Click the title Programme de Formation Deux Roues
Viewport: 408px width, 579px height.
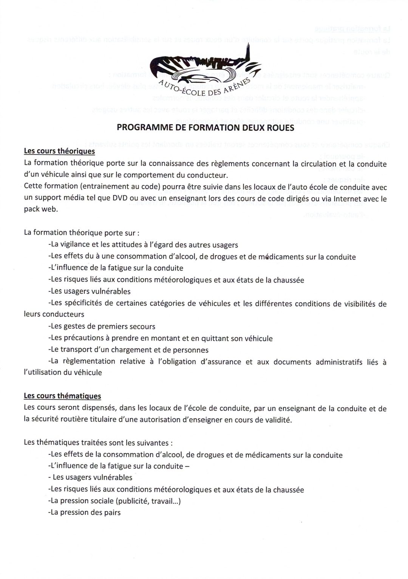click(x=206, y=127)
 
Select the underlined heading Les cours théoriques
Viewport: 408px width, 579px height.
click(x=59, y=151)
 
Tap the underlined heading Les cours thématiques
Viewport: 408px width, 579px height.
click(x=62, y=396)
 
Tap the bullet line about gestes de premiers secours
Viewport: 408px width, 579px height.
click(x=102, y=326)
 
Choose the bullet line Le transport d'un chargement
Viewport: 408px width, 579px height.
click(x=128, y=350)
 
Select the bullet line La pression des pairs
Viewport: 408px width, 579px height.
click(x=85, y=513)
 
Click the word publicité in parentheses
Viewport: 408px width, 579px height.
click(x=134, y=502)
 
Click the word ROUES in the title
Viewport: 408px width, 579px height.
click(x=280, y=127)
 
